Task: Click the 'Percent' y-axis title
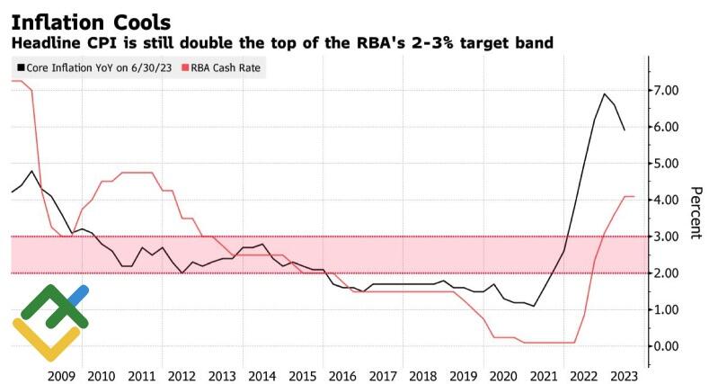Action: (695, 213)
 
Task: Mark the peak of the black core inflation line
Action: (604, 94)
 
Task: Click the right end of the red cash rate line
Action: (634, 196)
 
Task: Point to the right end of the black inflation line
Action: (625, 130)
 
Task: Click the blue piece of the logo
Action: (78, 295)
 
